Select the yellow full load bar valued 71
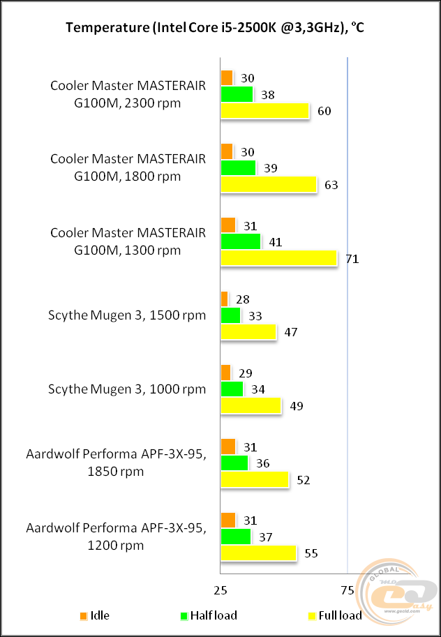(279, 258)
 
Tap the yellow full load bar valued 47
(249, 331)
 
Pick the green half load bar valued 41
(241, 241)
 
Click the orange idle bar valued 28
(224, 299)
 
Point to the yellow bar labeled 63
(269, 184)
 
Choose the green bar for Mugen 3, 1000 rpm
(232, 389)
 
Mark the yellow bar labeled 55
(259, 553)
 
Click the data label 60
(324, 111)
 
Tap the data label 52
(303, 480)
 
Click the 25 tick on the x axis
(221, 590)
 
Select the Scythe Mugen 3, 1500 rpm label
(126, 315)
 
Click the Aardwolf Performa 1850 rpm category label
(116, 463)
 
